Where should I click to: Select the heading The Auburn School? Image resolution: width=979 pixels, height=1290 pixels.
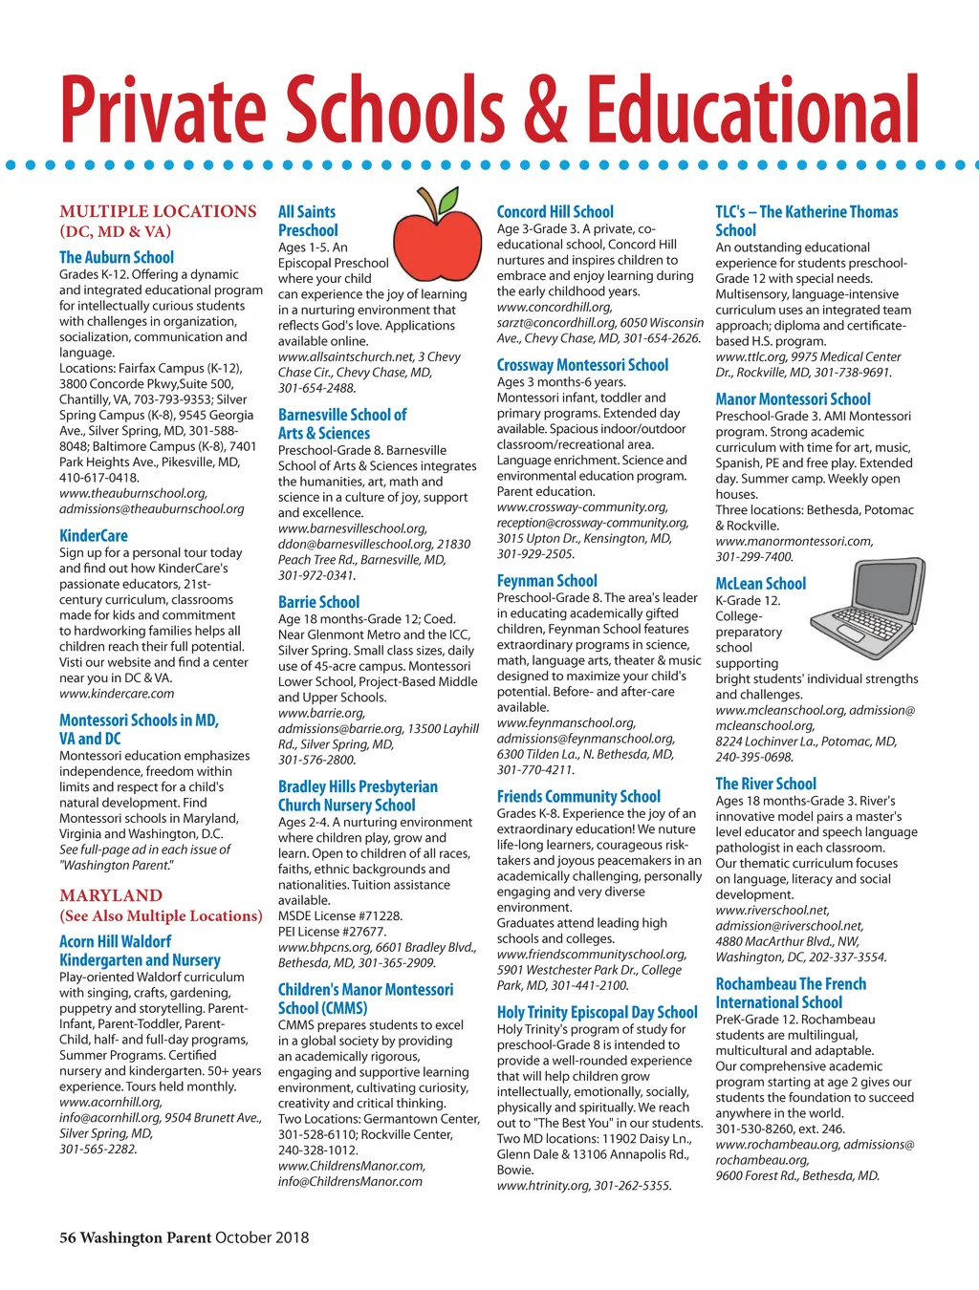coord(117,257)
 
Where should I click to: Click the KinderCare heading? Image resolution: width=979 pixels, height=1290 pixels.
coord(94,536)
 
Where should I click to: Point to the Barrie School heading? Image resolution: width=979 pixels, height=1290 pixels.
coord(318,602)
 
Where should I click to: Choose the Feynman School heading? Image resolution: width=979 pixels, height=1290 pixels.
coord(547,581)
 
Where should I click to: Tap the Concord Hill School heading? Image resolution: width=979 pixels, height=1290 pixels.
coord(555,212)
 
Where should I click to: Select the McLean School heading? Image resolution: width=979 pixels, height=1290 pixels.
coord(760,584)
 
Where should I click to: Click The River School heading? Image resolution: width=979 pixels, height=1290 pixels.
coord(766,784)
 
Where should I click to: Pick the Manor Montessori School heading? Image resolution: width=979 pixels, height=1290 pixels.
coord(793,399)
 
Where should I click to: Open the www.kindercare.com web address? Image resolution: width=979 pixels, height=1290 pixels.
coord(117,694)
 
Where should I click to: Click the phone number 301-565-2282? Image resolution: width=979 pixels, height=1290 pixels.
coord(98,1150)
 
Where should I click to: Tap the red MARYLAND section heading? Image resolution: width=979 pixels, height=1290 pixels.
coord(111,895)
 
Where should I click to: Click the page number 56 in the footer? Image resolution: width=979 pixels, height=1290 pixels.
coord(68,1237)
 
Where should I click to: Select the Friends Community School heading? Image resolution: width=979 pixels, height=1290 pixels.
coord(578,797)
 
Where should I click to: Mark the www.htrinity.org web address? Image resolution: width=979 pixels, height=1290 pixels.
coord(543,1186)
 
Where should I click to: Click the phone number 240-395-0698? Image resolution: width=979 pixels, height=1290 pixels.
coord(754,757)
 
